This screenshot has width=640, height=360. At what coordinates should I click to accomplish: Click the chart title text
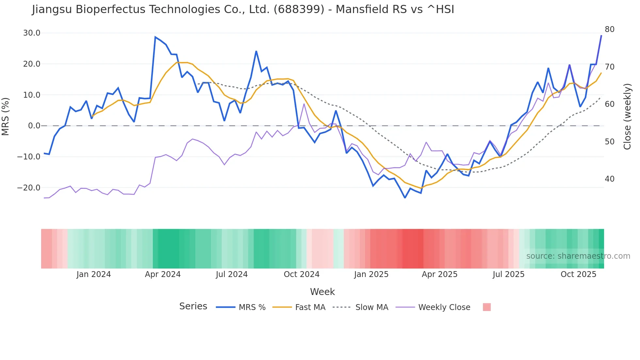tap(243, 9)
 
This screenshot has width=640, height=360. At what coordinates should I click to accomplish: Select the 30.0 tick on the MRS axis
tap(32, 33)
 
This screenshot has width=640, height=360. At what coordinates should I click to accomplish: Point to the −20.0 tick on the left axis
tap(29, 188)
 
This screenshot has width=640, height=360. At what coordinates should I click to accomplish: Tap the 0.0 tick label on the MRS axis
tap(34, 126)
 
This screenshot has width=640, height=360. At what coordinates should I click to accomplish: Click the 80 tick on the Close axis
tap(610, 29)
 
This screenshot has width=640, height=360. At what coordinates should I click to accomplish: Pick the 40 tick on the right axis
tap(610, 179)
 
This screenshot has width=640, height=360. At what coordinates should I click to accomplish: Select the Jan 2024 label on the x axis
tap(94, 274)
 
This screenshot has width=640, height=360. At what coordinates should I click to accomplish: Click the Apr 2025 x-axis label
tap(440, 274)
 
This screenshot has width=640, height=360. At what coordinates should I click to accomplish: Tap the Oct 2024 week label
tap(301, 274)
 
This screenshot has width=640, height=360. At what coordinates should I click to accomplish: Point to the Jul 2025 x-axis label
tap(508, 274)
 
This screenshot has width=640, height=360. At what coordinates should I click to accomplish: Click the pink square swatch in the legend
tap(487, 307)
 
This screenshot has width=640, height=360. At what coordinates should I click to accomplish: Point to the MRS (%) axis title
tap(6, 116)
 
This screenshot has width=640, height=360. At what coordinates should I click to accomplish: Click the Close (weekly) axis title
tap(627, 116)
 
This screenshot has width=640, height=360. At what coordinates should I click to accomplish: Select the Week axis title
tap(322, 292)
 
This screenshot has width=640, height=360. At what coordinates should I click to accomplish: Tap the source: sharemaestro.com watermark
tap(578, 256)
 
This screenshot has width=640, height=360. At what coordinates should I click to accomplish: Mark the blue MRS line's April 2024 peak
tap(155, 37)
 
